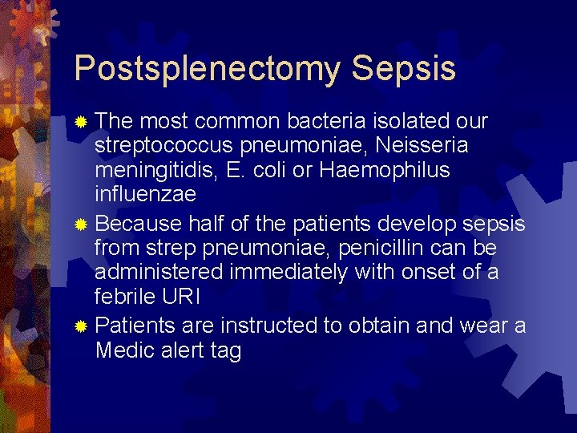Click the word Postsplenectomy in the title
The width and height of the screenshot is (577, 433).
pyautogui.click(x=206, y=69)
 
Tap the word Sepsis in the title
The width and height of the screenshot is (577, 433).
pyautogui.click(x=403, y=69)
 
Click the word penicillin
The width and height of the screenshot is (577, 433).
pyautogui.click(x=389, y=247)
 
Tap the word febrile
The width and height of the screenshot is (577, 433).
pyautogui.click(x=122, y=297)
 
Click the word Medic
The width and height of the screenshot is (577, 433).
pyautogui.click(x=123, y=350)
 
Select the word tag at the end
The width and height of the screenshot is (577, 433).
pyautogui.click(x=224, y=351)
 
